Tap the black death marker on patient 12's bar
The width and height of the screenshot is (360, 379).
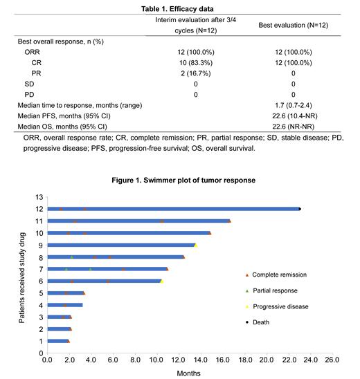pyautogui.click(x=300, y=208)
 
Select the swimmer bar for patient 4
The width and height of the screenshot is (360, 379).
pyautogui.click(x=64, y=304)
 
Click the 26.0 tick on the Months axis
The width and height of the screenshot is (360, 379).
pyautogui.click(x=332, y=360)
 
